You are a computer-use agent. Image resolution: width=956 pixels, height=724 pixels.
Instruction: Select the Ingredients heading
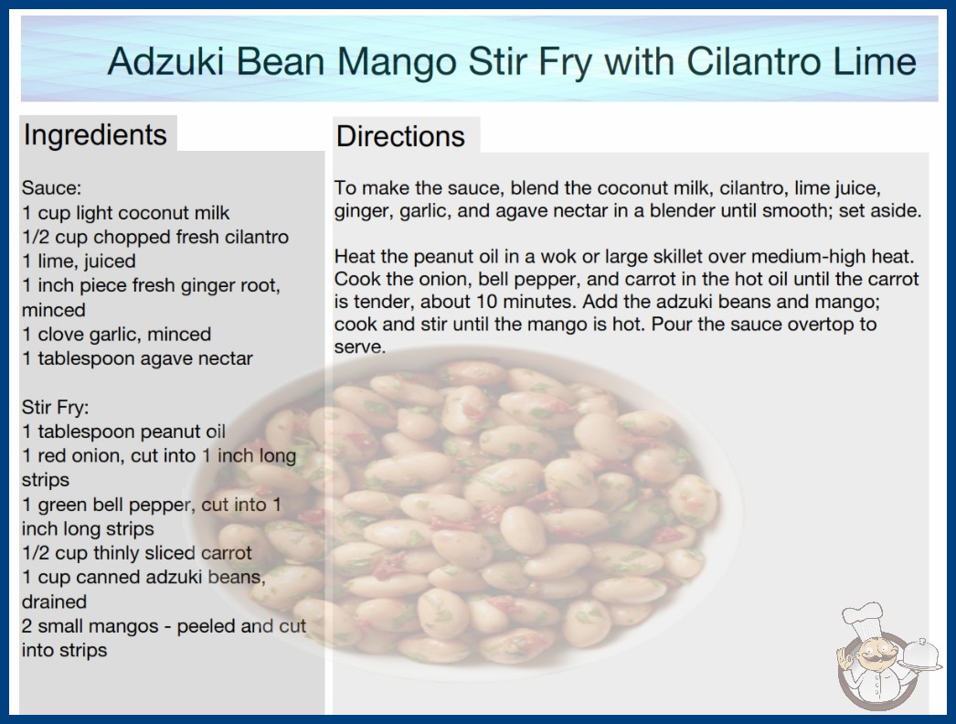click(95, 135)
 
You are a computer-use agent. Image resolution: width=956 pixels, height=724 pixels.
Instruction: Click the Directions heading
click(400, 136)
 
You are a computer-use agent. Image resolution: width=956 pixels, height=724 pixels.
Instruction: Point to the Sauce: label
click(52, 188)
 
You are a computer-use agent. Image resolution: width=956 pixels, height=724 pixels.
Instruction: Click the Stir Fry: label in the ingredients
click(56, 408)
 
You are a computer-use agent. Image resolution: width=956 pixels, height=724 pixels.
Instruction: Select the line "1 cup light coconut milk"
click(125, 213)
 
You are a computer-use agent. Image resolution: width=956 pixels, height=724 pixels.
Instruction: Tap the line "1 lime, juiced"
click(79, 261)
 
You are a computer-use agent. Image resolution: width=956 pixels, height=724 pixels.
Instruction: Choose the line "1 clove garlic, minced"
click(116, 335)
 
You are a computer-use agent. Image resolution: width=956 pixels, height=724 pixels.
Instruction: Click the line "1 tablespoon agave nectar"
click(137, 358)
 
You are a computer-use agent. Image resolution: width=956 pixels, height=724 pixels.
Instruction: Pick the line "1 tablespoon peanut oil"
click(123, 431)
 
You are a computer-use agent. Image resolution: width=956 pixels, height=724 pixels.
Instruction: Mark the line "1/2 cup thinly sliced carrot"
click(136, 553)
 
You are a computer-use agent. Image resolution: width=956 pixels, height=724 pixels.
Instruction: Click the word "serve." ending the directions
click(360, 347)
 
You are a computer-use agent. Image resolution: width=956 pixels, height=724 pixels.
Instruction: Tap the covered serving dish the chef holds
click(921, 655)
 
